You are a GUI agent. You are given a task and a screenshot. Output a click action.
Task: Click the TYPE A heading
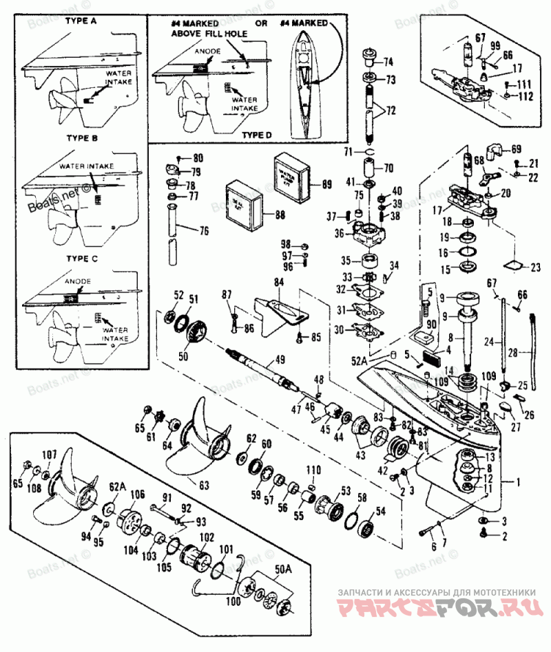[81, 21]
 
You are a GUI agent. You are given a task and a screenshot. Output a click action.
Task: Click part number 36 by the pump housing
[339, 233]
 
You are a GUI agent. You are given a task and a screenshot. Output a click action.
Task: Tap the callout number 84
[278, 281]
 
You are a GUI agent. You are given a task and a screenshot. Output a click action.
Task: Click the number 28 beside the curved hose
[531, 352]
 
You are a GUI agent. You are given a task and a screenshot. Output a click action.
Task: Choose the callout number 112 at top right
[526, 95]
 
